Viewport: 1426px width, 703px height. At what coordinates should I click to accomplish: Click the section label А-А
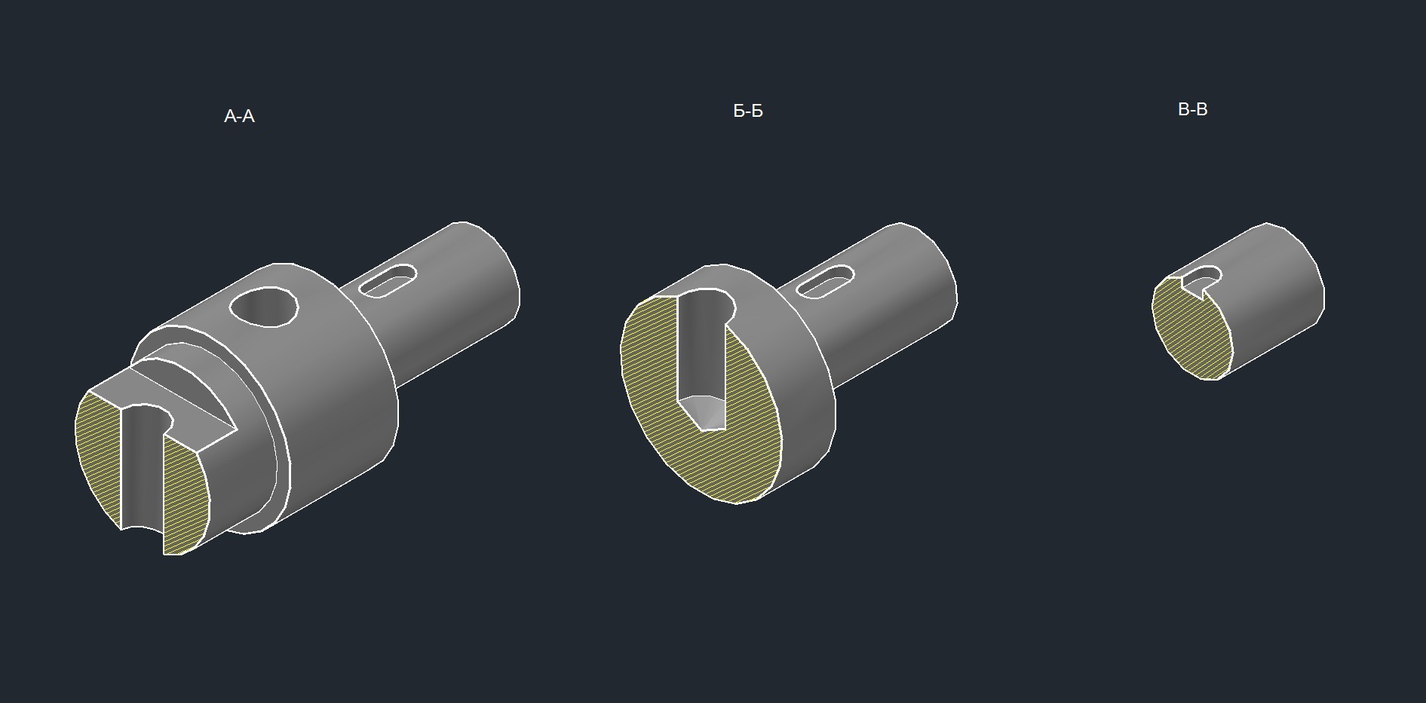tap(239, 116)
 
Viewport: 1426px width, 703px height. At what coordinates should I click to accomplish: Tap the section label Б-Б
tap(748, 111)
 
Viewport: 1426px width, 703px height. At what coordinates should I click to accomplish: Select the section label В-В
tap(1192, 109)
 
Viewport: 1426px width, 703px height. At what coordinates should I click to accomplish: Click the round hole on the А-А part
tap(263, 307)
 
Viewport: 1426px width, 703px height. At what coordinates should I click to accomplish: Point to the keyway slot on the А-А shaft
tap(388, 281)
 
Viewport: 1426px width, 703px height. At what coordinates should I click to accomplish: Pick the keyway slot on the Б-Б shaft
tap(825, 282)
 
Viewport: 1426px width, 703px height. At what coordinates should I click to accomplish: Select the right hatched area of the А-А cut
tap(186, 497)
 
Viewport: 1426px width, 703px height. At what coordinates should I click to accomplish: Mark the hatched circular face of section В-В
tap(1191, 332)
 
